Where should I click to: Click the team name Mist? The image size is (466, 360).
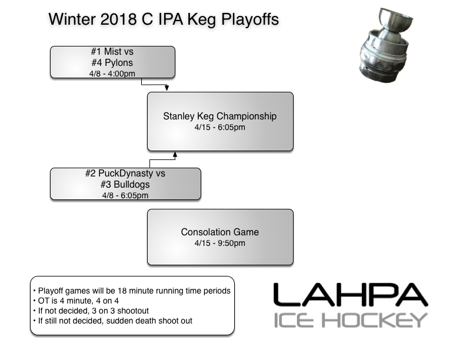coord(112,52)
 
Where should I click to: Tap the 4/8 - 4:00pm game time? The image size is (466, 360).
coord(112,72)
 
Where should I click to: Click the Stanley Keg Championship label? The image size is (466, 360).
coord(219,116)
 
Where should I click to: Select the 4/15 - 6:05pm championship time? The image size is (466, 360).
coord(219,127)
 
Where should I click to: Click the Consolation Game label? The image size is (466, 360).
coord(219,232)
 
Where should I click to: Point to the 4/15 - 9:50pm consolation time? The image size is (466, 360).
coord(219,243)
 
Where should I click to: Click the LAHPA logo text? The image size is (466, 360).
coord(350,295)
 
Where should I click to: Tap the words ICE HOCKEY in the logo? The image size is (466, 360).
coord(350,320)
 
